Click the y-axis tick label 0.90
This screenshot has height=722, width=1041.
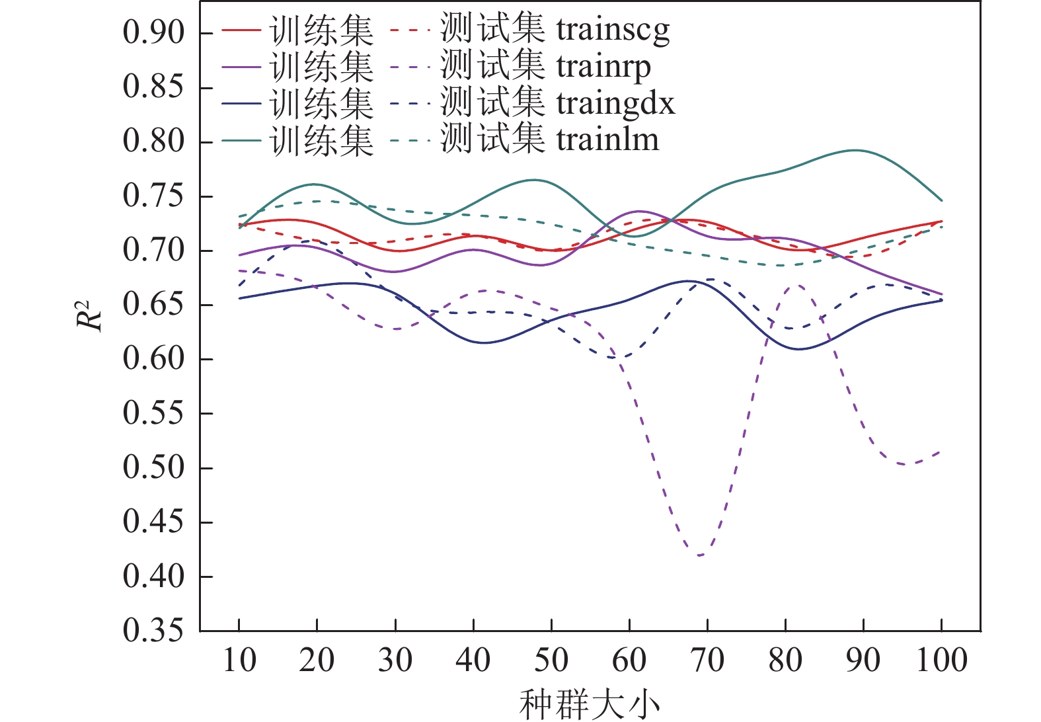pyautogui.click(x=153, y=32)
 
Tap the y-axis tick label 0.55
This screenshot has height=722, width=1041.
pyautogui.click(x=153, y=414)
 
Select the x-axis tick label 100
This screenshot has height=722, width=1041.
pyautogui.click(x=941, y=661)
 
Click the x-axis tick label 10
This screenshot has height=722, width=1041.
pyautogui.click(x=239, y=661)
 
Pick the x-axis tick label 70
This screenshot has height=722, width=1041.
pyautogui.click(x=707, y=661)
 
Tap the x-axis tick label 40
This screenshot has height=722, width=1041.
pyautogui.click(x=473, y=661)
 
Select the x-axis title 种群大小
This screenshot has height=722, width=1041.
pyautogui.click(x=590, y=705)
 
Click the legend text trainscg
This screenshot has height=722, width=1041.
pyautogui.click(x=613, y=30)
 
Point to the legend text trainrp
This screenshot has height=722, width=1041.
pyautogui.click(x=603, y=67)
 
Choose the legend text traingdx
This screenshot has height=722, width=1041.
pyautogui.click(x=615, y=104)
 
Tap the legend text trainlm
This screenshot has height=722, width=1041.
pyautogui.click(x=607, y=140)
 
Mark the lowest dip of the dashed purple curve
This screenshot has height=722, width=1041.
pyautogui.click(x=700, y=555)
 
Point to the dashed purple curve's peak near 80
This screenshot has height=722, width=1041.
pyautogui.click(x=797, y=285)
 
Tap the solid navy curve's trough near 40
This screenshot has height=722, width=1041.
pyautogui.click(x=484, y=342)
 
